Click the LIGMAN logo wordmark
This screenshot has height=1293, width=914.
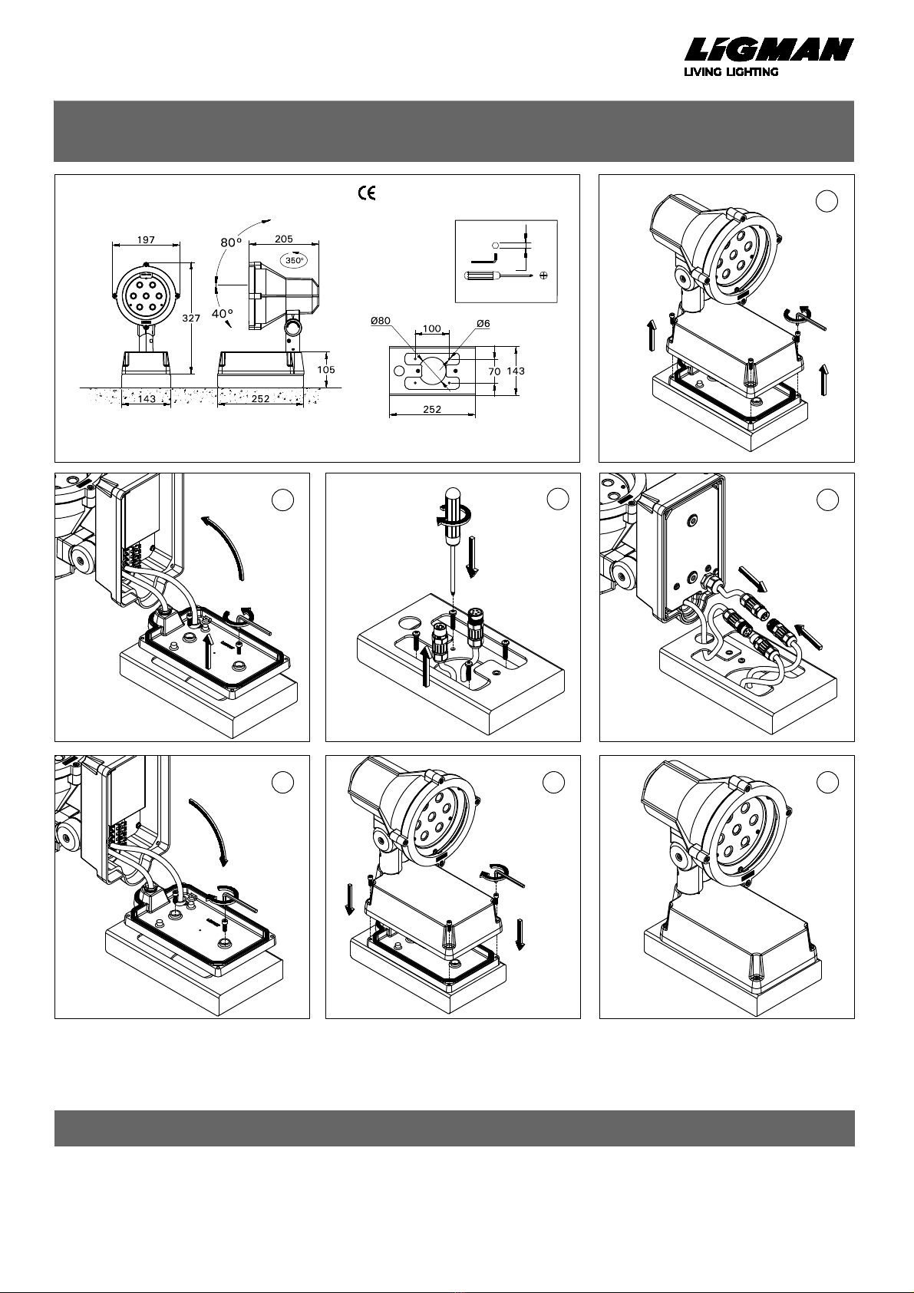pyautogui.click(x=769, y=50)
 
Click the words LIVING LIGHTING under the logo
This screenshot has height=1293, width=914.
pyautogui.click(x=731, y=72)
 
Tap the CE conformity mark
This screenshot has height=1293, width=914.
pyautogui.click(x=367, y=193)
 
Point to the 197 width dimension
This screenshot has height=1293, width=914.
pyautogui.click(x=146, y=239)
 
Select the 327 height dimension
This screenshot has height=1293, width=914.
pyautogui.click(x=190, y=318)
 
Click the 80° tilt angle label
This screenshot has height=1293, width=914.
pyautogui.click(x=231, y=242)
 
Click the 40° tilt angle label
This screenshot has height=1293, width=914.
pyautogui.click(x=223, y=314)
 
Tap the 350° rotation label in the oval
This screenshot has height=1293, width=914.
pyautogui.click(x=295, y=260)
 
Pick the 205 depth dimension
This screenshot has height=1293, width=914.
pyautogui.click(x=283, y=239)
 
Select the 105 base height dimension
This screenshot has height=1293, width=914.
pyautogui.click(x=326, y=369)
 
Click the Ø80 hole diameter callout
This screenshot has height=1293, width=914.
pyautogui.click(x=381, y=322)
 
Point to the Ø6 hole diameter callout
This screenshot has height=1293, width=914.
pyautogui.click(x=483, y=323)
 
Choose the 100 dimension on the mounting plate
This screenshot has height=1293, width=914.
pyautogui.click(x=432, y=328)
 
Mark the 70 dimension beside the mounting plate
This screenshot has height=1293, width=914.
pyautogui.click(x=494, y=371)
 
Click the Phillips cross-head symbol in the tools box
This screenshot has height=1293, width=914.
pyautogui.click(x=543, y=276)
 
